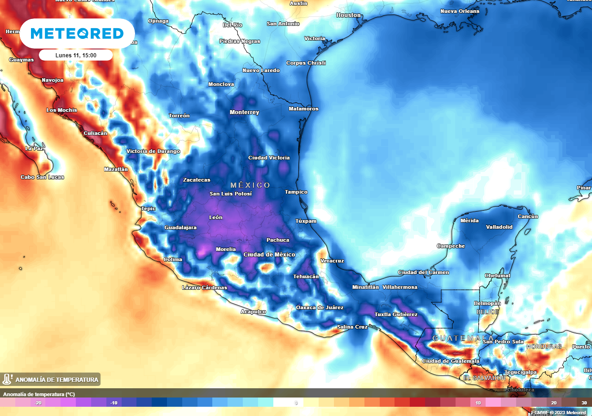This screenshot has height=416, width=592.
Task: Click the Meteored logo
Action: [77, 33]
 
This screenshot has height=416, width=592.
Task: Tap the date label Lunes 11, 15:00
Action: [76, 55]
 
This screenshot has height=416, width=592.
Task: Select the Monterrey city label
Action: [244, 112]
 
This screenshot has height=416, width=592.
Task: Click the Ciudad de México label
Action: [269, 255]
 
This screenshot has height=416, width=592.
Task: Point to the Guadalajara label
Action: [180, 227]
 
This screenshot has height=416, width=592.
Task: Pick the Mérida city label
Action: [469, 220]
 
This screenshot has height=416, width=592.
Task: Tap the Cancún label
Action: [528, 216]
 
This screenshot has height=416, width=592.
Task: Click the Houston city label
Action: [348, 15]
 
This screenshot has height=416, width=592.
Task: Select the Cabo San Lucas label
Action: [42, 177]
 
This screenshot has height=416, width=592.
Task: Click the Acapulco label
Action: [253, 312]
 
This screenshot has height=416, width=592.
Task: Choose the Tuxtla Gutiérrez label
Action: [395, 314]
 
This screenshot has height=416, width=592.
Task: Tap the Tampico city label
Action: [296, 192]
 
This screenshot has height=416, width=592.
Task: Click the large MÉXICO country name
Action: [250, 185]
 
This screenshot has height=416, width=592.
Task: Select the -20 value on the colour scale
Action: [38, 403]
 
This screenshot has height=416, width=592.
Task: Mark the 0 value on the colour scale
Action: [296, 403]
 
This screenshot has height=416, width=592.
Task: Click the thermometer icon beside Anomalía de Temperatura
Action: [7, 379]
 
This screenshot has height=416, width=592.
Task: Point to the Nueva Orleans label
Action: [460, 11]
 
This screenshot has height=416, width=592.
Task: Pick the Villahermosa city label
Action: [400, 287]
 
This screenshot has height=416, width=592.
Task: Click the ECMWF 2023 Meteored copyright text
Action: [558, 412]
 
